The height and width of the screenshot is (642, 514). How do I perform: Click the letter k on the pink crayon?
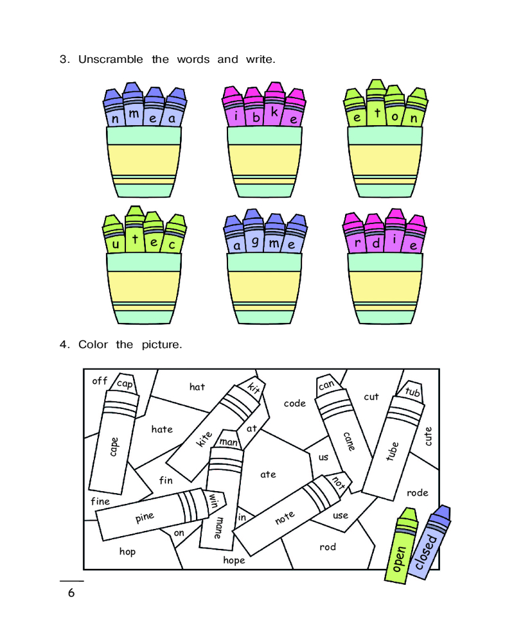coord(274,112)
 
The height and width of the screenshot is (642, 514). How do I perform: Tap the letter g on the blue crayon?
coord(255,242)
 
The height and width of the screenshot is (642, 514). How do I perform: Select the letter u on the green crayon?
coord(116,245)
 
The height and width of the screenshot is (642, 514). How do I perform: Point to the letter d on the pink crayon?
coord(375,243)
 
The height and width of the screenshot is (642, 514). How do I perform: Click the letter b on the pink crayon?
coord(256,117)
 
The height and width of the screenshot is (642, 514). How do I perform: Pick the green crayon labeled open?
coord(401,545)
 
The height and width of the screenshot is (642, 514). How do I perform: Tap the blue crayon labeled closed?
coord(429,542)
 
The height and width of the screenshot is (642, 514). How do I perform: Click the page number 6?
coord(71,593)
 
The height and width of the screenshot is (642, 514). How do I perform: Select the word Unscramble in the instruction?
coord(111,59)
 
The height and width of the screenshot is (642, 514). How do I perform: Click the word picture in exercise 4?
coord(161,345)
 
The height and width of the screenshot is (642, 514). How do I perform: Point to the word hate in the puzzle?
coord(162,429)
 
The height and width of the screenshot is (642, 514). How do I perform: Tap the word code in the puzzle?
coord(295,403)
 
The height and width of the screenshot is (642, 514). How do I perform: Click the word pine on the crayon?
coord(145,517)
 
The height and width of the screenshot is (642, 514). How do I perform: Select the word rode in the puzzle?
coord(417,492)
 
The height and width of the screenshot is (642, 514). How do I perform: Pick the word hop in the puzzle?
coord(127,552)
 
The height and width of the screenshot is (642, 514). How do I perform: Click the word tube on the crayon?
coord(393,451)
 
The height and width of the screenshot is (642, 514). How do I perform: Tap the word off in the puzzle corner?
coord(100,381)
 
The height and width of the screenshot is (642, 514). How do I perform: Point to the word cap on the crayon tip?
coord(125,384)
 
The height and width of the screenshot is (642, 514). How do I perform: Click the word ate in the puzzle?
coord(268,474)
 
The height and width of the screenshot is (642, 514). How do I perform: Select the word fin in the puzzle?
coord(166,480)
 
